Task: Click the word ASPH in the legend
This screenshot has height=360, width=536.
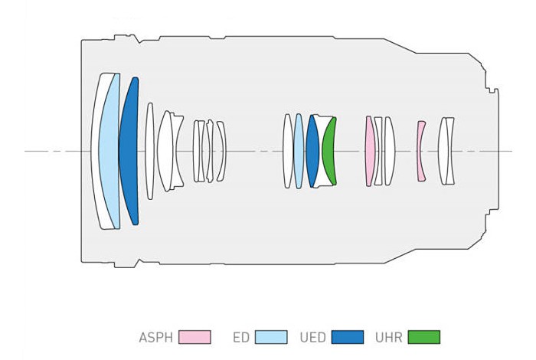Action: click(x=156, y=338)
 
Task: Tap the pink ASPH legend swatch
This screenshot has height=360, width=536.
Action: click(x=194, y=337)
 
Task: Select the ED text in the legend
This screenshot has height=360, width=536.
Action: click(x=241, y=338)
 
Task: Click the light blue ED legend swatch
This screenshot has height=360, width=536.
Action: click(x=271, y=337)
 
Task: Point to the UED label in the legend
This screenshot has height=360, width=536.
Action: click(x=312, y=338)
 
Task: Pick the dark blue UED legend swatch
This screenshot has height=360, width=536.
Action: click(x=348, y=337)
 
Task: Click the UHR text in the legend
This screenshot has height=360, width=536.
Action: click(x=389, y=338)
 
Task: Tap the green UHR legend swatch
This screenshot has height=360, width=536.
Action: click(x=424, y=337)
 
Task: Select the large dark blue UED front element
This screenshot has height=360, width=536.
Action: click(x=129, y=151)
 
